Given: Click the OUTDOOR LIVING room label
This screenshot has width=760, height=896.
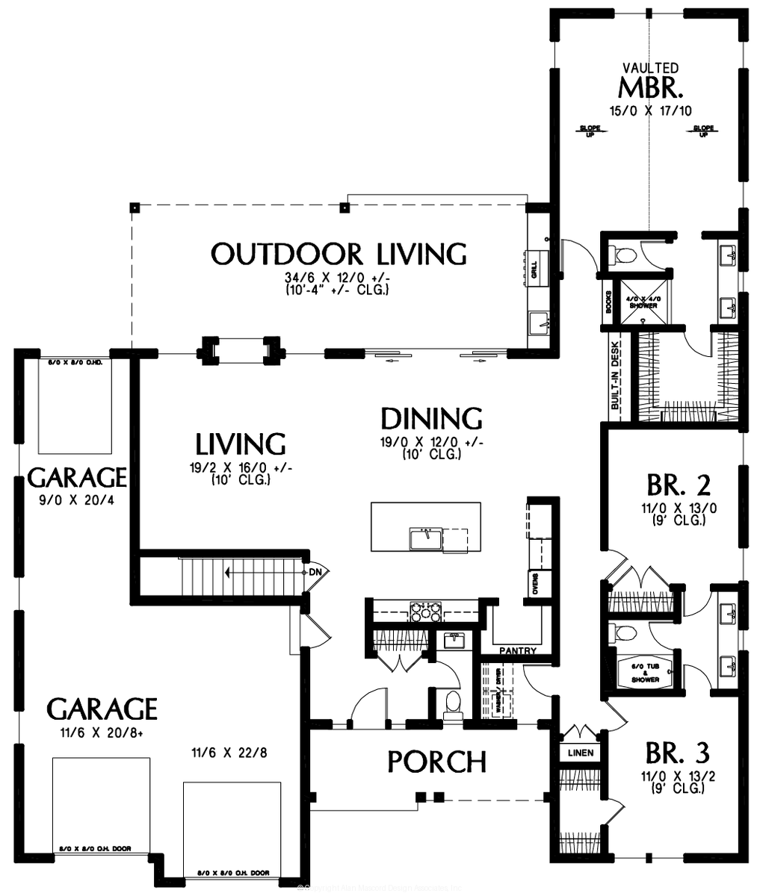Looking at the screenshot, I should [x=338, y=254].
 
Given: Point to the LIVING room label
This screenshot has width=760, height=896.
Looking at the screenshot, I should [x=240, y=444].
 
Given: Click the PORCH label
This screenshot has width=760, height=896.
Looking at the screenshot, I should [x=436, y=762].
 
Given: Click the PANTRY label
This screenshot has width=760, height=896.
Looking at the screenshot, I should [x=519, y=651].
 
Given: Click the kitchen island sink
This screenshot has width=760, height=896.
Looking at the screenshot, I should [x=424, y=537].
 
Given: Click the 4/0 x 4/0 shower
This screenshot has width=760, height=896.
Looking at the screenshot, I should [x=642, y=302].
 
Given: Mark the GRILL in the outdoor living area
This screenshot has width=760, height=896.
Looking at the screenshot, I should [x=534, y=270].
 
